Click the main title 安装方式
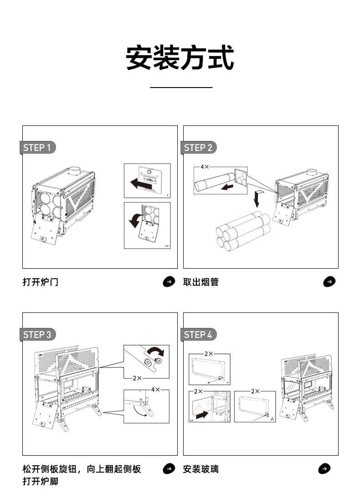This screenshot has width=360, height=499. point(180,58)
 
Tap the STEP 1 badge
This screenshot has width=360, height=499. point(39,147)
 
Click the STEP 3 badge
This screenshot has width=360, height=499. point(39,334)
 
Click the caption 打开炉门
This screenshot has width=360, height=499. point(41,282)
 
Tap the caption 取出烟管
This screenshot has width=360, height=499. point(201,282)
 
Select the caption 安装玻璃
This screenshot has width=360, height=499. point(201,469)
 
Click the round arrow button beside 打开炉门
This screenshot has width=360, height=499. point(169,282)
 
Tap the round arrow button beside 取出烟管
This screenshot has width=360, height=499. point(329,282)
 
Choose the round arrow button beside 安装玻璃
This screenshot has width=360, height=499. point(324,468)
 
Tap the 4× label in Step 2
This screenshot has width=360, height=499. point(204,167)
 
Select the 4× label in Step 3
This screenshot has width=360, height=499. point(155,390)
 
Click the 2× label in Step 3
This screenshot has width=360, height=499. point(137,378)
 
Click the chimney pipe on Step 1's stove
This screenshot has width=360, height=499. point(74,172)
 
